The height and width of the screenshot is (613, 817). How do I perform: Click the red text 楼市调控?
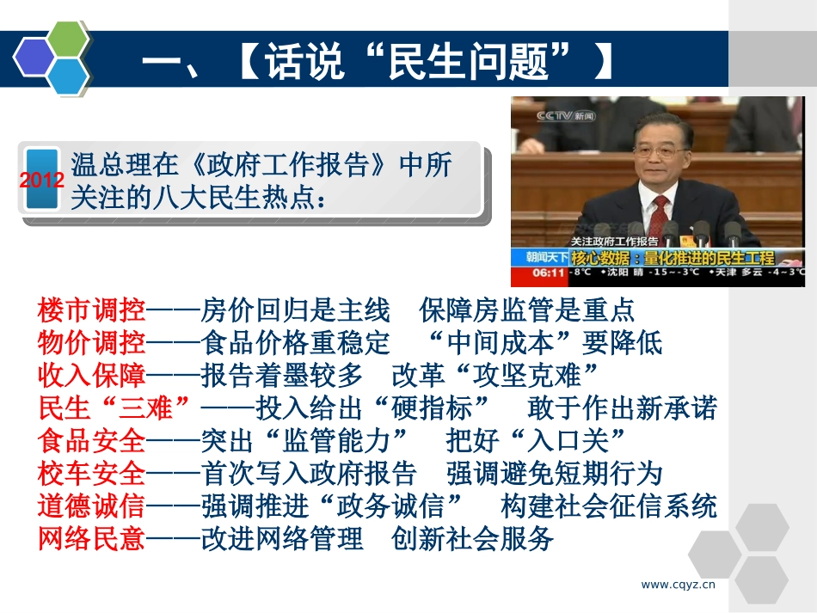(91, 310)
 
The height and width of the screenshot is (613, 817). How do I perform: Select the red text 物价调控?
(91, 342)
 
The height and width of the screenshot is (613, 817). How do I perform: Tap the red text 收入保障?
(91, 375)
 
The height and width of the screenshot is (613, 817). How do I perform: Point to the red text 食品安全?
(91, 441)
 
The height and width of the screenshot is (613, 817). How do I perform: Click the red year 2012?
(41, 181)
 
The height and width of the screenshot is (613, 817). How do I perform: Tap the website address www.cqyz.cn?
(679, 585)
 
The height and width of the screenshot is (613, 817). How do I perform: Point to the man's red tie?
(659, 214)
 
